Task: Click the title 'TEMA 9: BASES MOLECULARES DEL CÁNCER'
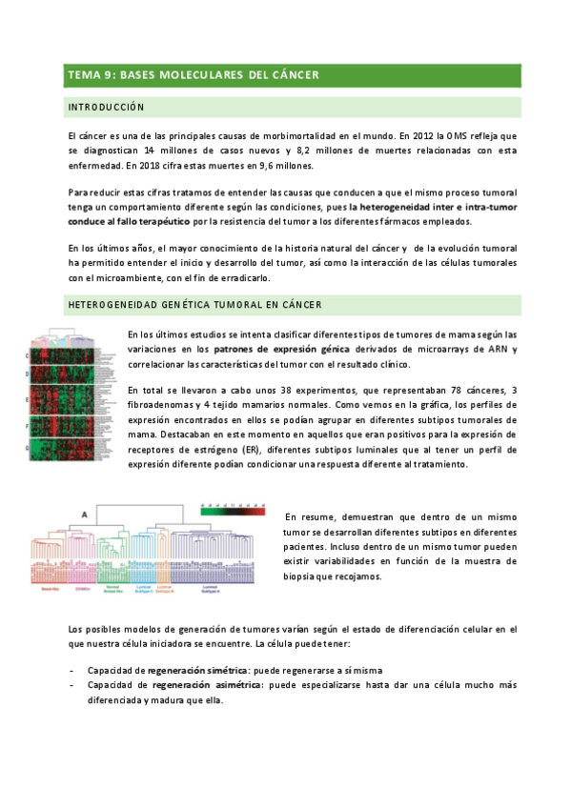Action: [193, 74]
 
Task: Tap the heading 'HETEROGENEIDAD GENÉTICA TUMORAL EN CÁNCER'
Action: [194, 305]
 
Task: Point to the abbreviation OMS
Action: [456, 136]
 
